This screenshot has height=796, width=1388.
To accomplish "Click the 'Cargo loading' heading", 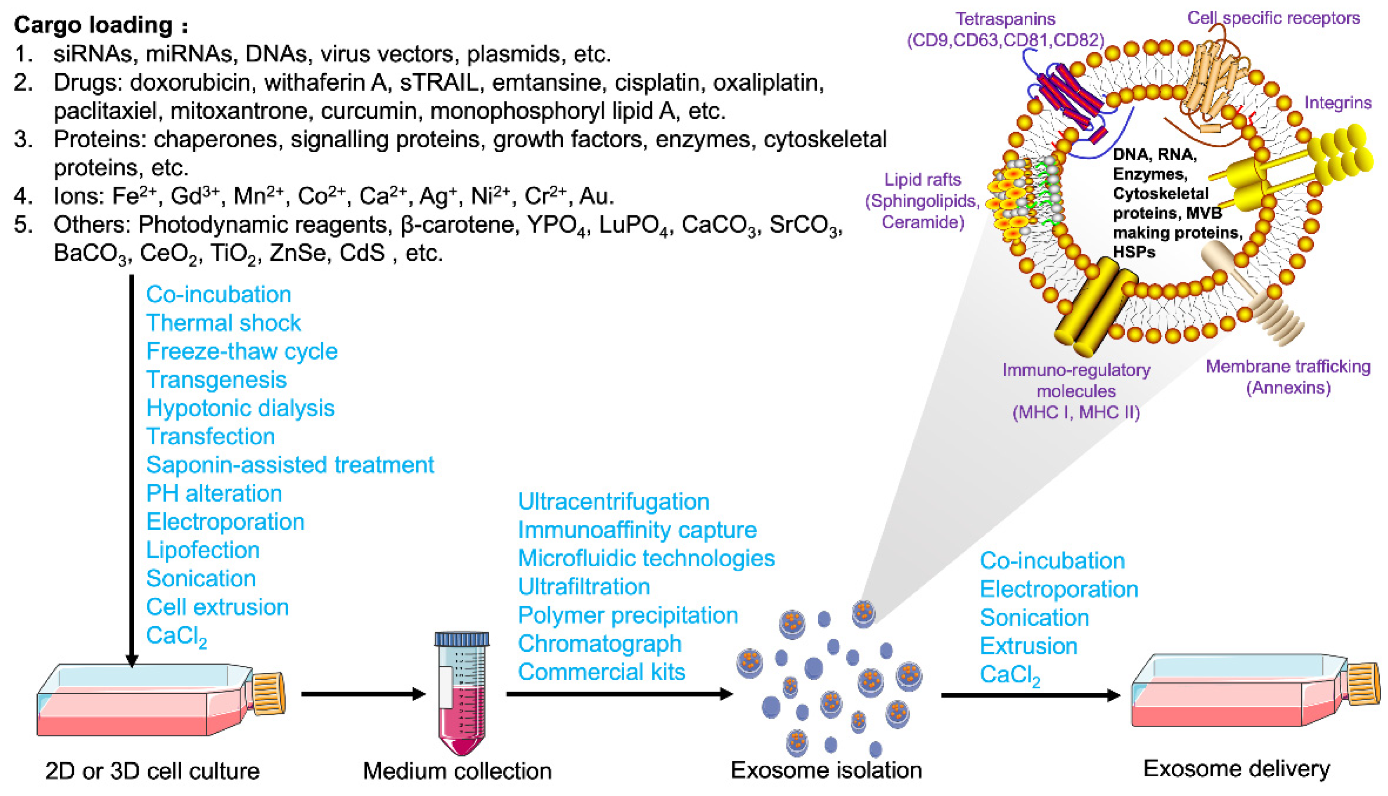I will click(101, 25).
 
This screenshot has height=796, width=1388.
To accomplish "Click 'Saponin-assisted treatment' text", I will click(290, 465).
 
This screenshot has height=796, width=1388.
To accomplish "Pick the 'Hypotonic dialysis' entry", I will click(240, 408).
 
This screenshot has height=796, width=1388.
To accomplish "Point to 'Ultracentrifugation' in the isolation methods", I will click(613, 501).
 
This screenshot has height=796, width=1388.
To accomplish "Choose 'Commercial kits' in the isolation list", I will click(601, 672).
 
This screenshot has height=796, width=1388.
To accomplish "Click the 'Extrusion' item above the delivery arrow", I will click(1028, 646).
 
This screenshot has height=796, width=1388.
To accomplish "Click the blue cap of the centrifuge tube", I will click(461, 639).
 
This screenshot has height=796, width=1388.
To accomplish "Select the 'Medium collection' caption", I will click(457, 771).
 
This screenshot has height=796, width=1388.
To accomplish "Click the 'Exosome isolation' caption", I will click(826, 770).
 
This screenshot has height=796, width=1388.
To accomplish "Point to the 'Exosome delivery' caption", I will click(1236, 769).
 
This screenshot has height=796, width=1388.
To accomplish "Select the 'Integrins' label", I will click(1338, 102).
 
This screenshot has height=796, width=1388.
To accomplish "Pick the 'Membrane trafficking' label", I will click(1288, 366).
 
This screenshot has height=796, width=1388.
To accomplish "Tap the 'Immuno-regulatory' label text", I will click(1076, 370).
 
